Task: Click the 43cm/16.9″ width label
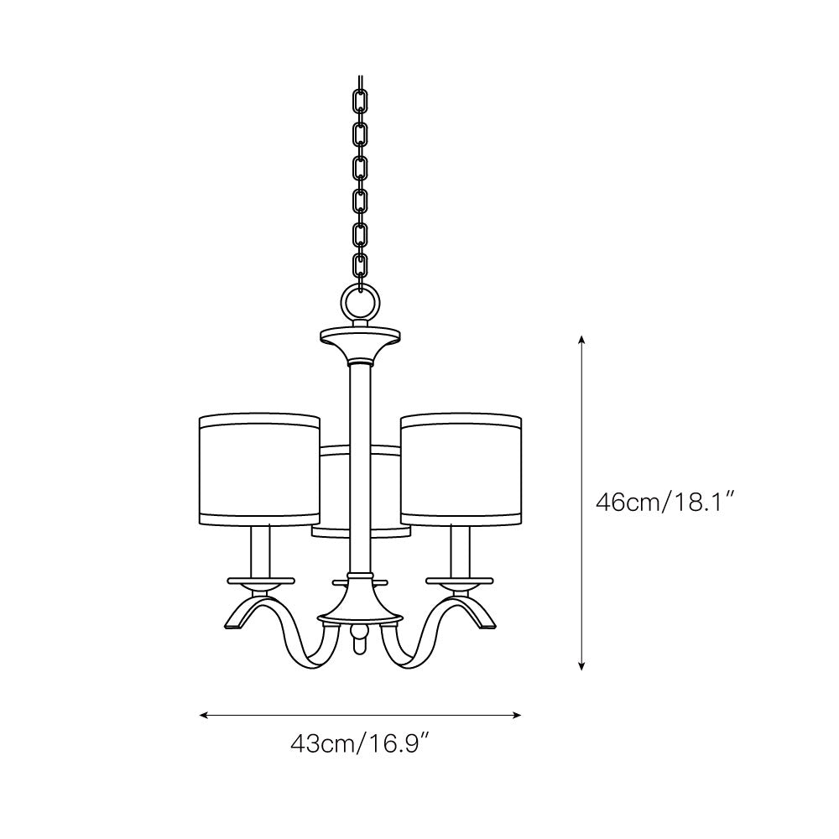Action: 361,743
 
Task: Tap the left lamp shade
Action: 260,470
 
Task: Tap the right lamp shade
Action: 461,470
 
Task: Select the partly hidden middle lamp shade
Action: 333,491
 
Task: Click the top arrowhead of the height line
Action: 581,341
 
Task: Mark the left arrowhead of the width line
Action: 204,715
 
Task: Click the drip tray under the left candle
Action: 261,580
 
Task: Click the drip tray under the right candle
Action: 461,580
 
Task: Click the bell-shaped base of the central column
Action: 361,602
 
